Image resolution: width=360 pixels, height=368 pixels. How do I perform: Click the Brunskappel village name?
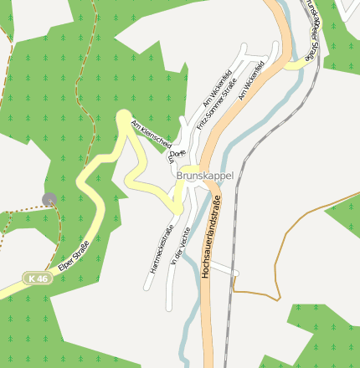click(x=205, y=176)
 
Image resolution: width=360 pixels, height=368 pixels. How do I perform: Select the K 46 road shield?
click(x=38, y=278)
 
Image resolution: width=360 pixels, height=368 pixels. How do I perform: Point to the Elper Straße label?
click(x=74, y=255)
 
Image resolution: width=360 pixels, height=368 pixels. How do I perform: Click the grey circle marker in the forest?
click(x=49, y=199)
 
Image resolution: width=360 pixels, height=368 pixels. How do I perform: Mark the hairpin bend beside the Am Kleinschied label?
click(x=124, y=119)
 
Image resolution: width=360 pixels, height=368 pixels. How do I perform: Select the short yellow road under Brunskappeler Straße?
click(x=296, y=64)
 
